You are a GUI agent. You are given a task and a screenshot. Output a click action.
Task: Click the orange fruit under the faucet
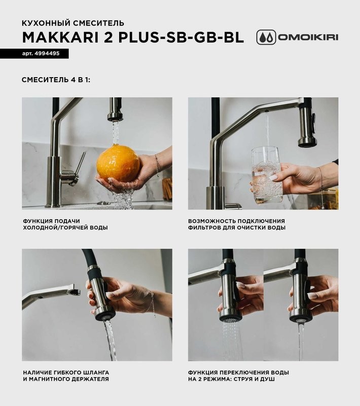pyautogui.click(x=118, y=164)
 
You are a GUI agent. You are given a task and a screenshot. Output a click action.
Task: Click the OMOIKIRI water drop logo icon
pyautogui.click(x=266, y=38)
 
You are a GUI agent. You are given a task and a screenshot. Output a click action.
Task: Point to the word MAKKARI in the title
pyautogui.click(x=58, y=38)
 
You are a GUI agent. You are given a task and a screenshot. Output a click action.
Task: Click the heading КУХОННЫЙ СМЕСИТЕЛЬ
pyautogui.click(x=73, y=23)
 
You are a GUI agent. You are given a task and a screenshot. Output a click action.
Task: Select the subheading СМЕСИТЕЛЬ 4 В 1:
pyautogui.click(x=56, y=80)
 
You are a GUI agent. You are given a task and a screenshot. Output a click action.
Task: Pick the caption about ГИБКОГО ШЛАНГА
pyautogui.click(x=65, y=376)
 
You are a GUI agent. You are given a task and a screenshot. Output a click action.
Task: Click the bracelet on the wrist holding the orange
pyautogui.click(x=157, y=165)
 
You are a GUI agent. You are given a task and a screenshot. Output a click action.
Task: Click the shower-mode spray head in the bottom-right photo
pyautogui.click(x=230, y=299)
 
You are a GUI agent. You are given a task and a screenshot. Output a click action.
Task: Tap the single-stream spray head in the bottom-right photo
pyautogui.click(x=300, y=299)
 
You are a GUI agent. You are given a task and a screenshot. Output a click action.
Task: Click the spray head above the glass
pyautogui.click(x=307, y=127)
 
